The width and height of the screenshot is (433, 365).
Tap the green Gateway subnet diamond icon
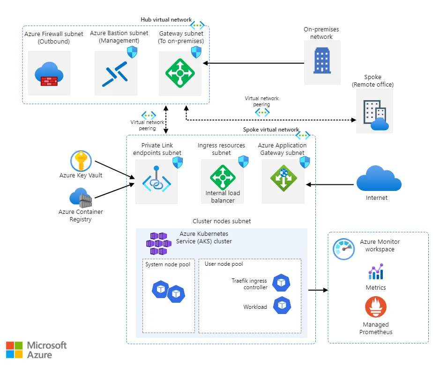[179, 73]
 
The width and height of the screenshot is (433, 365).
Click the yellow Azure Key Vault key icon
[81, 161]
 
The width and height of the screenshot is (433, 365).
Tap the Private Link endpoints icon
[156, 181]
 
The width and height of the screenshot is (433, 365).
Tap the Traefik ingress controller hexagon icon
[281, 283]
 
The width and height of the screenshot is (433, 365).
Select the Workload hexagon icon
[281, 306]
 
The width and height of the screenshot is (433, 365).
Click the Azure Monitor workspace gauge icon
[343, 248]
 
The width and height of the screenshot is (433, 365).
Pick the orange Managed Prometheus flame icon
[375, 307]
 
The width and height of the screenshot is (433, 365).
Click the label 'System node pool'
[168, 264]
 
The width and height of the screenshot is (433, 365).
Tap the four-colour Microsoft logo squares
[14, 350]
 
